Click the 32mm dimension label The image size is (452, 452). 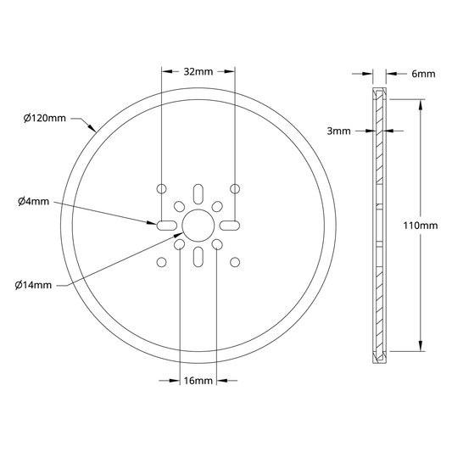[x=198, y=71]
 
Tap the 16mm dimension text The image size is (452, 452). [x=198, y=381]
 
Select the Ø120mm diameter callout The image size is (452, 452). [x=45, y=118]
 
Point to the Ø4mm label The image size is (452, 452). [x=33, y=201]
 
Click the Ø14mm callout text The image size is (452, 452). [x=33, y=285]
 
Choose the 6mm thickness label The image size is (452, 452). [x=423, y=74]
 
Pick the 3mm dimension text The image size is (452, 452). [x=338, y=131]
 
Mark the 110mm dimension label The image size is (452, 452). [x=421, y=225]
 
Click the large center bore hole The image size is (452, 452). [x=198, y=226]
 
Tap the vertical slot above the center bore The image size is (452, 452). [x=198, y=194]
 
